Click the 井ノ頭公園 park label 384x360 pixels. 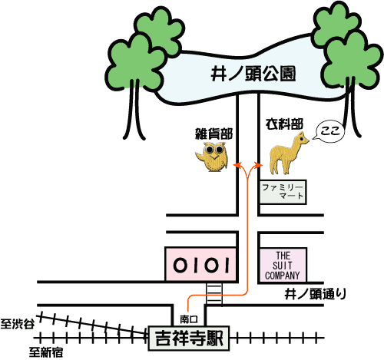(253, 74)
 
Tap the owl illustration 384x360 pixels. (213, 157)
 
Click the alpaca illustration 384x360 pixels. (288, 154)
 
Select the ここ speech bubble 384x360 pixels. (329, 131)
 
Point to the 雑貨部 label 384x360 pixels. (214, 134)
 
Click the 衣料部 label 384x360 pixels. (284, 124)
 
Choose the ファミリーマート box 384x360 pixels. (283, 192)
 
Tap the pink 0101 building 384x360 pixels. (200, 264)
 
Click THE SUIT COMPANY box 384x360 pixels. (283, 265)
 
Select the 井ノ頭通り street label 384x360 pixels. (316, 294)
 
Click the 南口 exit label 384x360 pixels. (189, 319)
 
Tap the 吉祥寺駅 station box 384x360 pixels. (189, 339)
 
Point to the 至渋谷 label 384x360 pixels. (18, 324)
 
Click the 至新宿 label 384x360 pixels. (45, 352)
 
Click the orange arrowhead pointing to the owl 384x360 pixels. (237, 165)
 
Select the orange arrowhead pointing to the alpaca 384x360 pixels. (258, 165)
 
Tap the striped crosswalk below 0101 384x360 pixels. (214, 293)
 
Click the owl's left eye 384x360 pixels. (209, 149)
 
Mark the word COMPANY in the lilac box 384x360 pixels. (283, 276)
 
